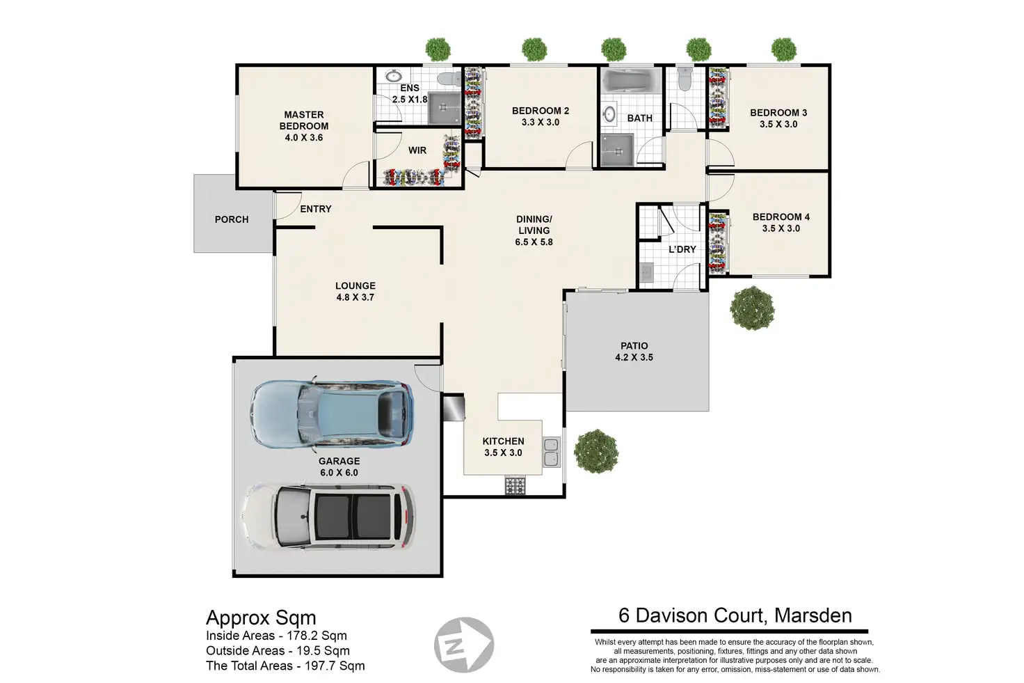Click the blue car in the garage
(332, 414)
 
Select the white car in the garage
(328, 517)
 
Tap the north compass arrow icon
(463, 645)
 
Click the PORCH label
(232, 219)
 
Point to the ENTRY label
(315, 209)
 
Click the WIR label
(417, 150)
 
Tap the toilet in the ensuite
(449, 78)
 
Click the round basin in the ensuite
(393, 75)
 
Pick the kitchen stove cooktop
(515, 485)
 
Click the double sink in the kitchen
(552, 452)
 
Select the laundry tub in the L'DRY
(646, 273)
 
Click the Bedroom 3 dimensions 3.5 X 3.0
(778, 125)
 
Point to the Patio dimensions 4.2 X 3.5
(634, 357)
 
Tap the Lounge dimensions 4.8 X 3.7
(355, 297)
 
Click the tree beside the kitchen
(596, 451)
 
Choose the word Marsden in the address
(813, 615)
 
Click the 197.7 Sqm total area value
(335, 666)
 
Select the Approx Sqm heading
(261, 618)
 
